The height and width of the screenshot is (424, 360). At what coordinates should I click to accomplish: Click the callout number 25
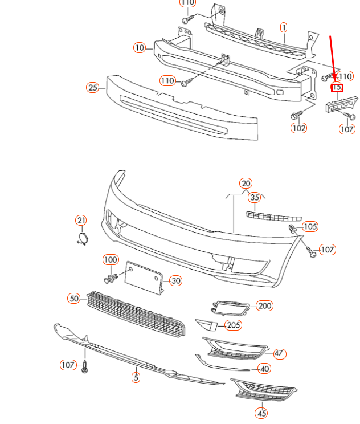click(x=93, y=87)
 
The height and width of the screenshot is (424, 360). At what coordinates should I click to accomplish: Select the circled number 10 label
click(x=140, y=48)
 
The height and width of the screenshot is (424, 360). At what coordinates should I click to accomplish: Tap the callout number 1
click(x=284, y=27)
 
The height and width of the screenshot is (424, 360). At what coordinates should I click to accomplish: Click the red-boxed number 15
click(x=337, y=87)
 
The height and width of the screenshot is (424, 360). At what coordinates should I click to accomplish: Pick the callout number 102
click(x=298, y=128)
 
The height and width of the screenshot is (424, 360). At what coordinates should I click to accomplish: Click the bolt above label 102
click(x=296, y=116)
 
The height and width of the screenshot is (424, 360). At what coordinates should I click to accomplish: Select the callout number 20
click(x=246, y=183)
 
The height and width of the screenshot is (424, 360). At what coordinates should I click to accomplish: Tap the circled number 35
click(x=255, y=198)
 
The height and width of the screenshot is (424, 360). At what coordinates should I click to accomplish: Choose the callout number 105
click(x=310, y=227)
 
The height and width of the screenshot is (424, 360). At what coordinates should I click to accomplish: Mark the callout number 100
click(x=111, y=260)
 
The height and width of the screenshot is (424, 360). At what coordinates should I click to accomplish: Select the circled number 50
click(x=74, y=298)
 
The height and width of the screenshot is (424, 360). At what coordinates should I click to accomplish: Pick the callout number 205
click(x=233, y=325)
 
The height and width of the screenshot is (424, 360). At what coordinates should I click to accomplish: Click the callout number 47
click(x=279, y=353)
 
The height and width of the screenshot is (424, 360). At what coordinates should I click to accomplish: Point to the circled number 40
click(x=264, y=369)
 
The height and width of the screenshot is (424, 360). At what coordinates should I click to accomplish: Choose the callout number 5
click(x=136, y=377)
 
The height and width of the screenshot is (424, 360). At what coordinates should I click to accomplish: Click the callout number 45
click(x=261, y=413)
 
